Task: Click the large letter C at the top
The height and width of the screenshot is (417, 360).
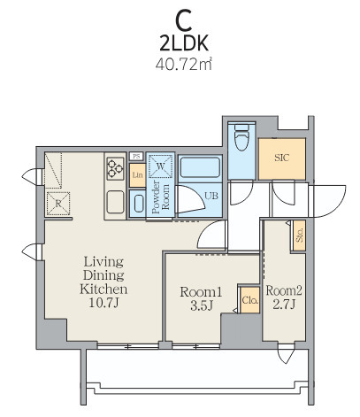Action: pos(184,21)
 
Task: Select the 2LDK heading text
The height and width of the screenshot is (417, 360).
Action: pos(184,43)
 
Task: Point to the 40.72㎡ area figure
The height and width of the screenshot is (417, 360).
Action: pos(184,64)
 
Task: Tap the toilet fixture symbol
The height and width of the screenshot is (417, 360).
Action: pos(241,137)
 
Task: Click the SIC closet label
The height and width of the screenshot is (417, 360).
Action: pos(282,158)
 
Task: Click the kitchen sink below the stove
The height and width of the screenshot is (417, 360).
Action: pos(115,202)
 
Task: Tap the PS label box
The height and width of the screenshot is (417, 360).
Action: pos(136,156)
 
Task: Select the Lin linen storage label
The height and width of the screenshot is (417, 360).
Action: pos(137,175)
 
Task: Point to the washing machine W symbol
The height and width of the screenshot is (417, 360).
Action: pos(160,166)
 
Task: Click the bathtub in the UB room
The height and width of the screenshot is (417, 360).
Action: pos(200,167)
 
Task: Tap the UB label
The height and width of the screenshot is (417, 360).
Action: pos(211,196)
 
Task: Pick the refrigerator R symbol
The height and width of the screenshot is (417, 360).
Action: pos(58,204)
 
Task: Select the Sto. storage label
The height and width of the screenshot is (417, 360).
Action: pos(300,236)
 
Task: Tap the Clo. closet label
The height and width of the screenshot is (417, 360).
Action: pos(250,300)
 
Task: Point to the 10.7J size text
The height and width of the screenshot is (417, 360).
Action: pos(103,303)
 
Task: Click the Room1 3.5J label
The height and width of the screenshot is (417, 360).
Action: pos(201,298)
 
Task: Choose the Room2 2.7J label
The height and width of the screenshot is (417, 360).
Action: pos(284,297)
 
